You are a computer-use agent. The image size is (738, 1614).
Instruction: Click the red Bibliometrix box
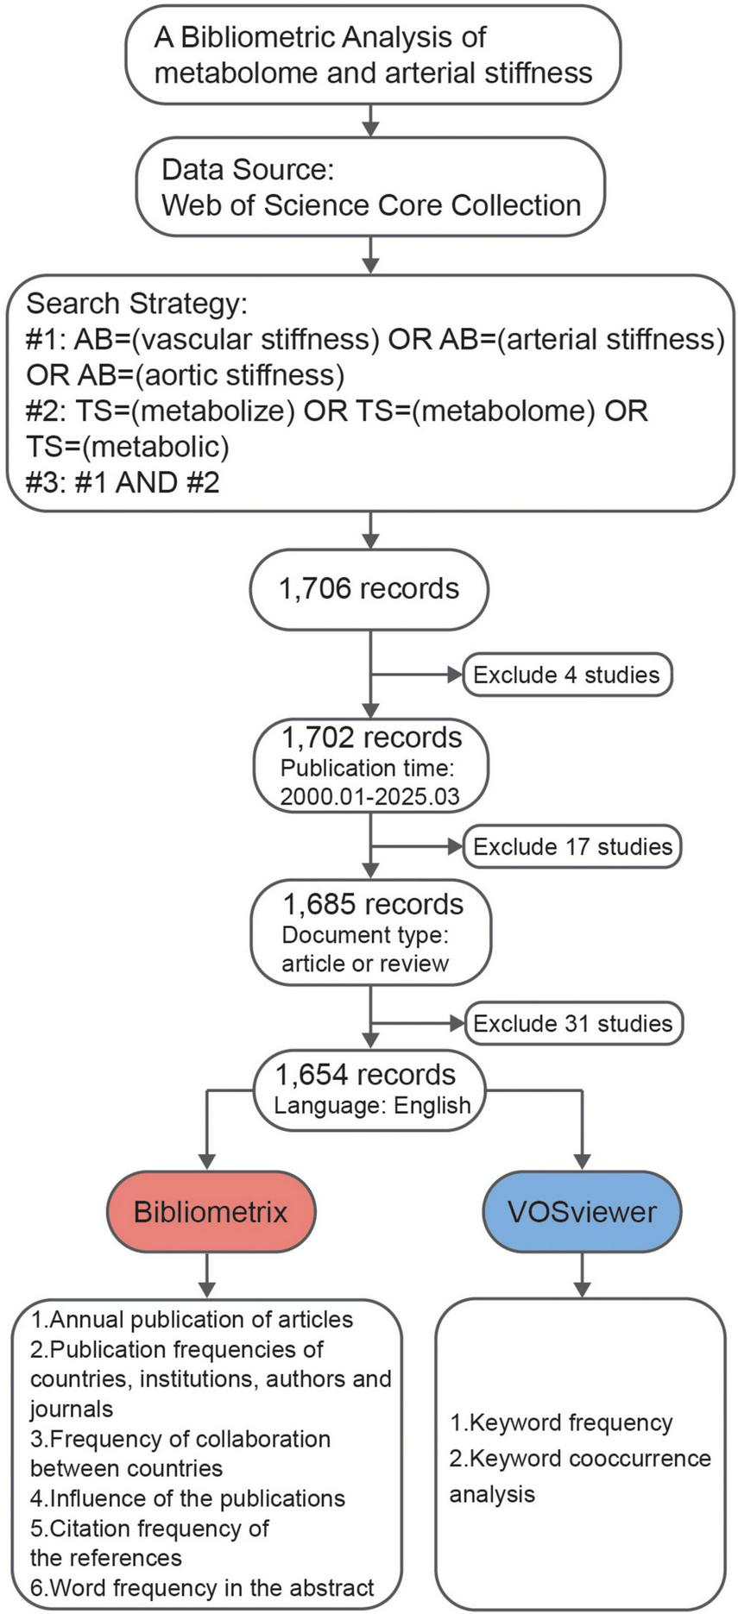coord(211,1211)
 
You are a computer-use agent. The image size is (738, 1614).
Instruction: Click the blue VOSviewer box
coord(582,1211)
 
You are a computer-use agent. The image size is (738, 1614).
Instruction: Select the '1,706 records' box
coord(369,589)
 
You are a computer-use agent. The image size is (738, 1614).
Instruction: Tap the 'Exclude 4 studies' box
coord(567,675)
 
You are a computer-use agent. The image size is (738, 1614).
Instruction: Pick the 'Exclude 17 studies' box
coord(572,846)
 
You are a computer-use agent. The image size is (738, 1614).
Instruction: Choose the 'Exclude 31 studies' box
coord(572,1023)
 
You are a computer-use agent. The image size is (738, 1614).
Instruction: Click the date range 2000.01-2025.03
coord(369,796)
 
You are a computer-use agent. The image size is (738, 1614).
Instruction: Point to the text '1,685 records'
coord(373,904)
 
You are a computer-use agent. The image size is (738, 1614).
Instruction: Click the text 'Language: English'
coord(372,1105)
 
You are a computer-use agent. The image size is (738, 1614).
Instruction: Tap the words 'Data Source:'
coord(248,169)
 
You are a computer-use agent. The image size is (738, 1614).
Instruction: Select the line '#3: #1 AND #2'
coord(123,482)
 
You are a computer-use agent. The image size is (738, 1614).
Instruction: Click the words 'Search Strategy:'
coord(136,304)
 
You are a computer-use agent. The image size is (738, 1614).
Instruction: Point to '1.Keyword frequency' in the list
coord(560,1422)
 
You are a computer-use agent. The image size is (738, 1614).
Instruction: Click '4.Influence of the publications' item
coord(187,1498)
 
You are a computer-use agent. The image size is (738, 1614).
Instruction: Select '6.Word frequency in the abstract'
coord(202,1588)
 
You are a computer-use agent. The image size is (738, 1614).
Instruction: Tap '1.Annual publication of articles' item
coord(192,1320)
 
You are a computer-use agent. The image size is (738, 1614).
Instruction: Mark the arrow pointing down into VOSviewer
coord(583,1139)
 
